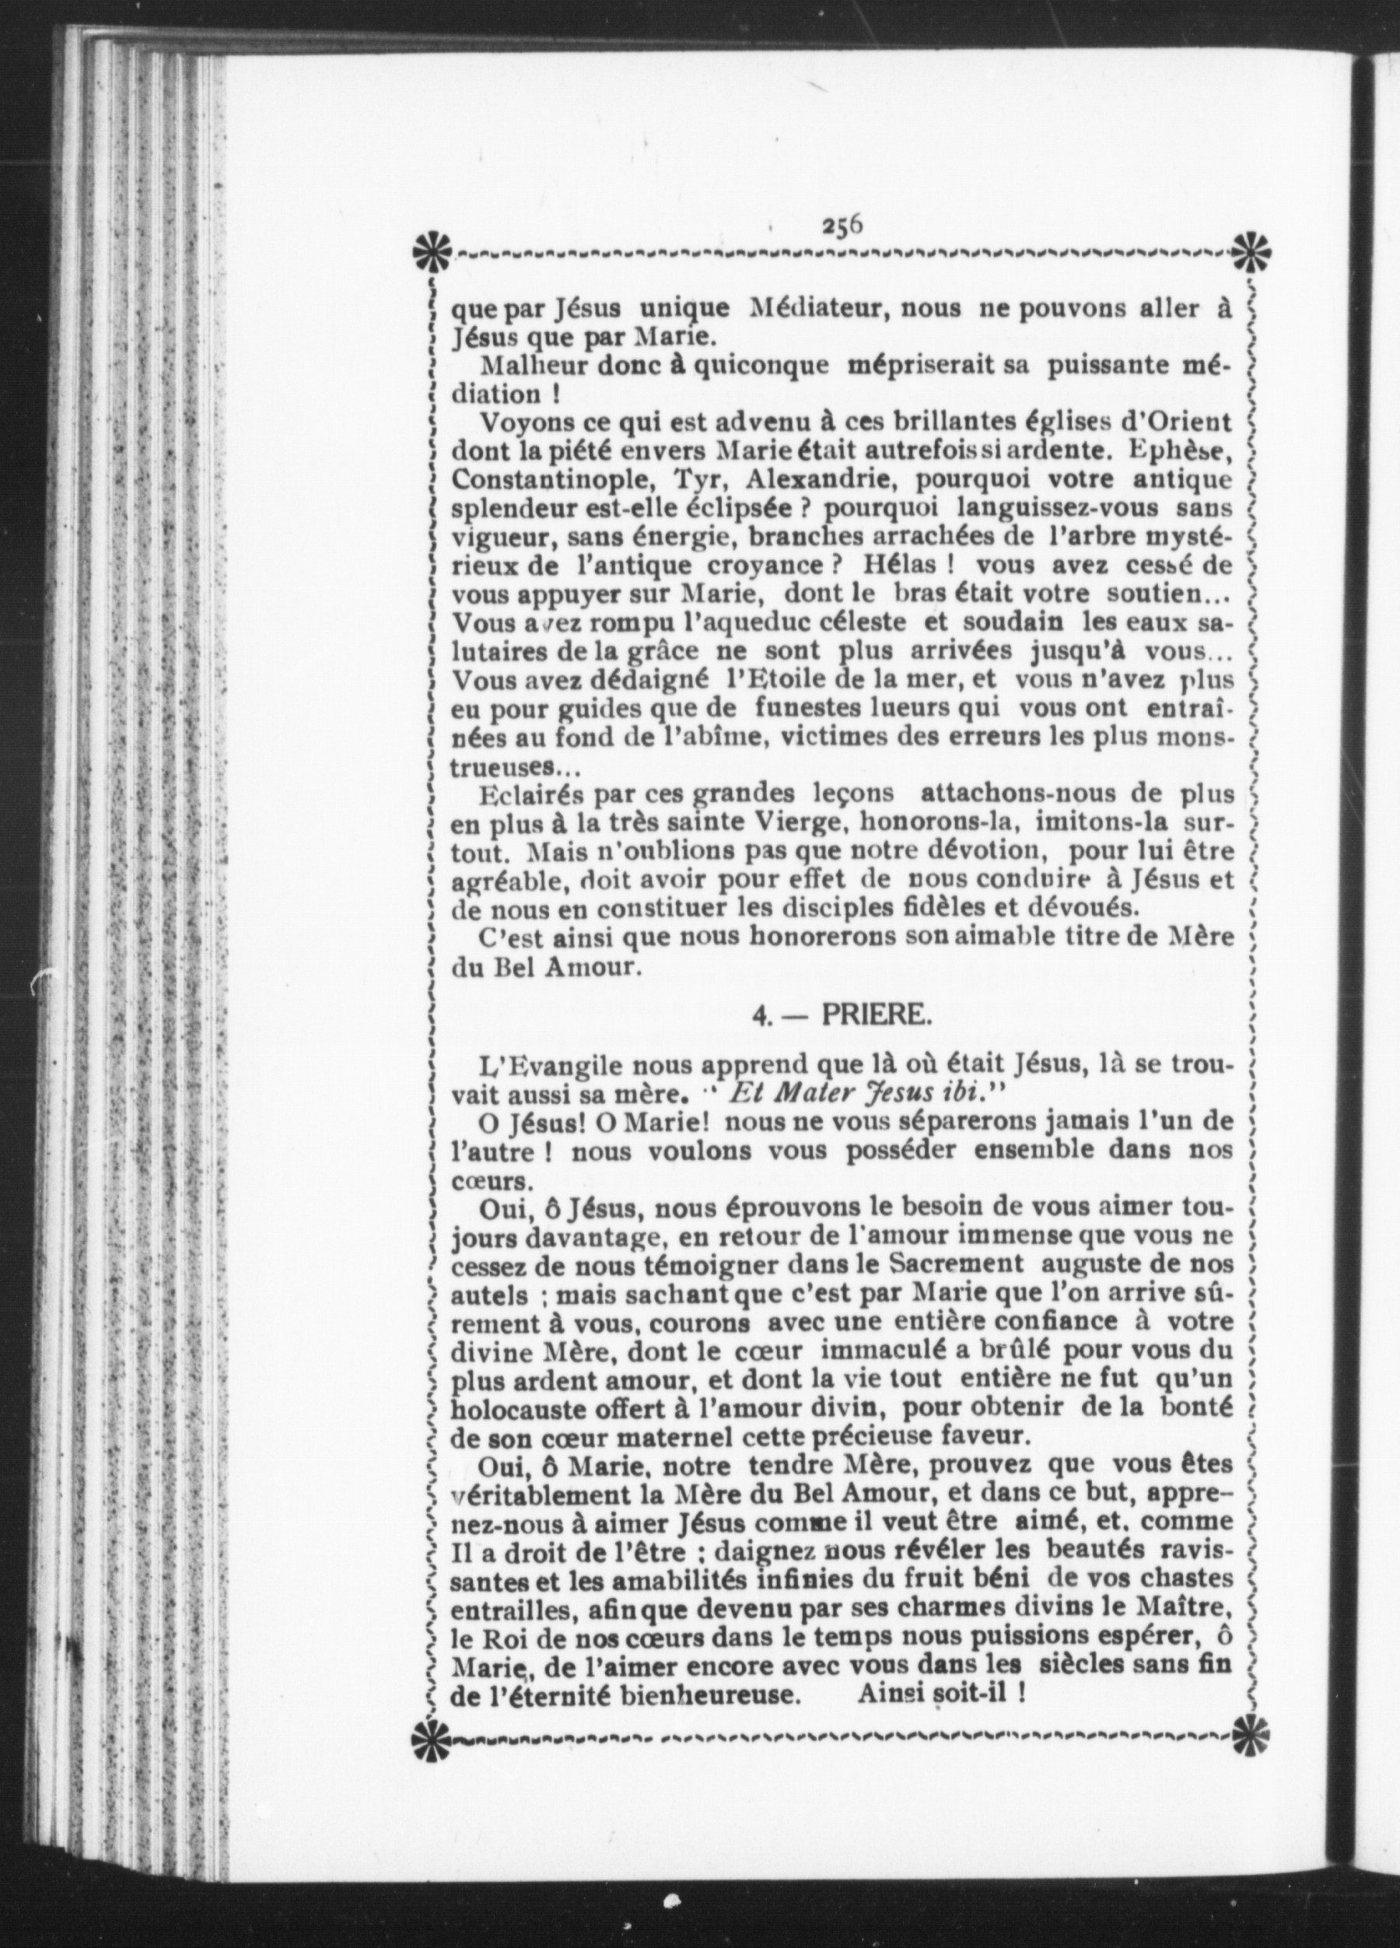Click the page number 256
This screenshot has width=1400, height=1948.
pyautogui.click(x=842, y=224)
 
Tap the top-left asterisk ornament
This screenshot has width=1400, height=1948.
pyautogui.click(x=429, y=251)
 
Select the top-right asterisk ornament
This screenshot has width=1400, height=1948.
pyautogui.click(x=1252, y=251)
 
